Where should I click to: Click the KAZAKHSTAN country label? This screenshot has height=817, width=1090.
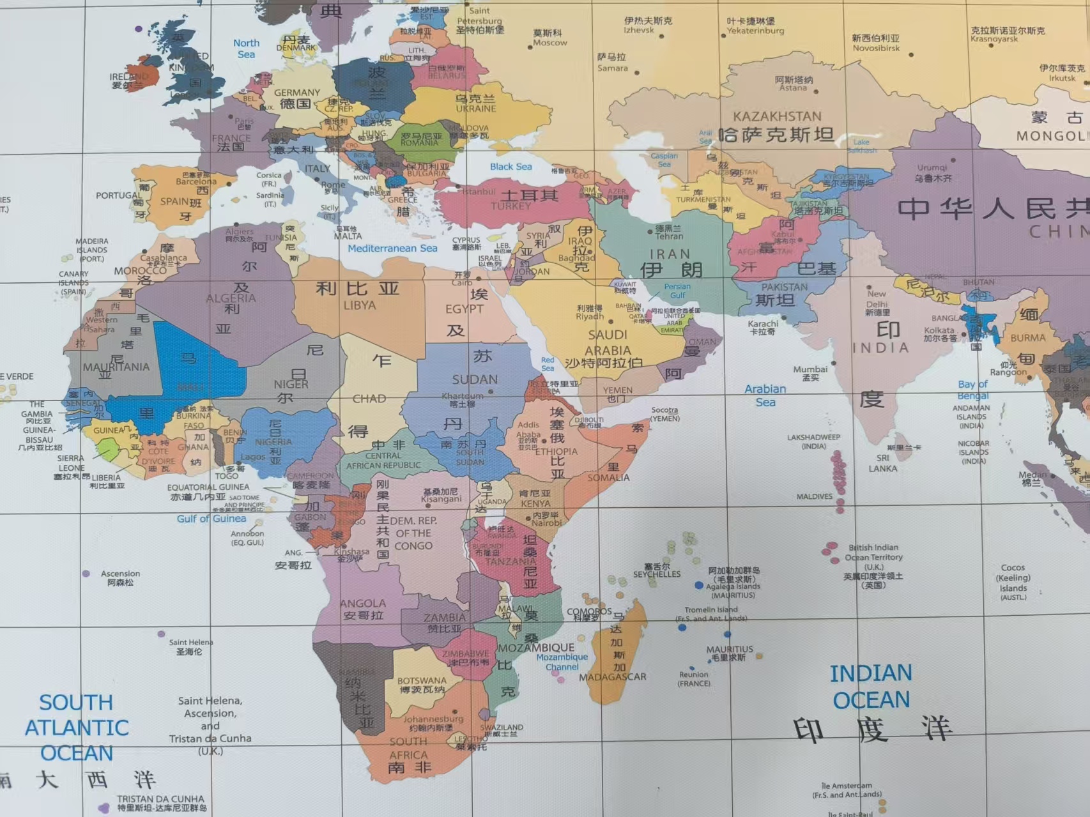pyautogui.click(x=777, y=117)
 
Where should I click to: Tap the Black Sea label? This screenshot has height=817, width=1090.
pyautogui.click(x=510, y=167)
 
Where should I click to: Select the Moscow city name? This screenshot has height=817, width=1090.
pyautogui.click(x=549, y=43)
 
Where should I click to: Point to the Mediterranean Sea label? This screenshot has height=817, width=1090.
pyautogui.click(x=392, y=248)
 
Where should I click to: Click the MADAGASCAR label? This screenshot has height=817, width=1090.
pyautogui.click(x=613, y=677)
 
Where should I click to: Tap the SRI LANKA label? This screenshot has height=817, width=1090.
pyautogui.click(x=882, y=463)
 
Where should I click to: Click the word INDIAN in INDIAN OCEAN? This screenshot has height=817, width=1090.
pyautogui.click(x=870, y=673)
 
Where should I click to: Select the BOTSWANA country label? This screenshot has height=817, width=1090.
pyautogui.click(x=422, y=681)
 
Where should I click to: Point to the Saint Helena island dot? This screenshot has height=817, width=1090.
pyautogui.click(x=161, y=634)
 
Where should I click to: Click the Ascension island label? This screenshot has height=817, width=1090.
pyautogui.click(x=120, y=574)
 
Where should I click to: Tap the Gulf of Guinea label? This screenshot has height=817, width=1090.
pyautogui.click(x=211, y=519)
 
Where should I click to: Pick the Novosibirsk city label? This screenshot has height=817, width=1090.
pyautogui.click(x=875, y=48)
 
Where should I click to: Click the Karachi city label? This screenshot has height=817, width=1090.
pyautogui.click(x=762, y=324)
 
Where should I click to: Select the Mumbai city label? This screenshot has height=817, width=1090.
pyautogui.click(x=810, y=369)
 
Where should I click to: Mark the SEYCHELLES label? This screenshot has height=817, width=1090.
pyautogui.click(x=657, y=574)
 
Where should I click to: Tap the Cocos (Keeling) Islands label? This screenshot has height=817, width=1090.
pyautogui.click(x=1013, y=577)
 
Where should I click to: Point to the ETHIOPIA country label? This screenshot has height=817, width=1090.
pyautogui.click(x=556, y=452)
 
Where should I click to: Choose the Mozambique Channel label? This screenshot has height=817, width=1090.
pyautogui.click(x=562, y=662)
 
